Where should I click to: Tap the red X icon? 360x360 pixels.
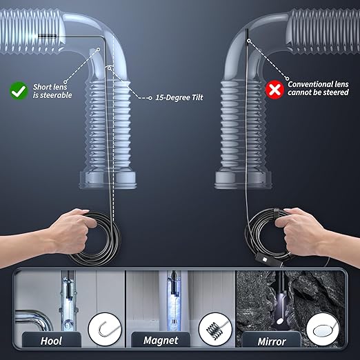pos(274,89)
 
